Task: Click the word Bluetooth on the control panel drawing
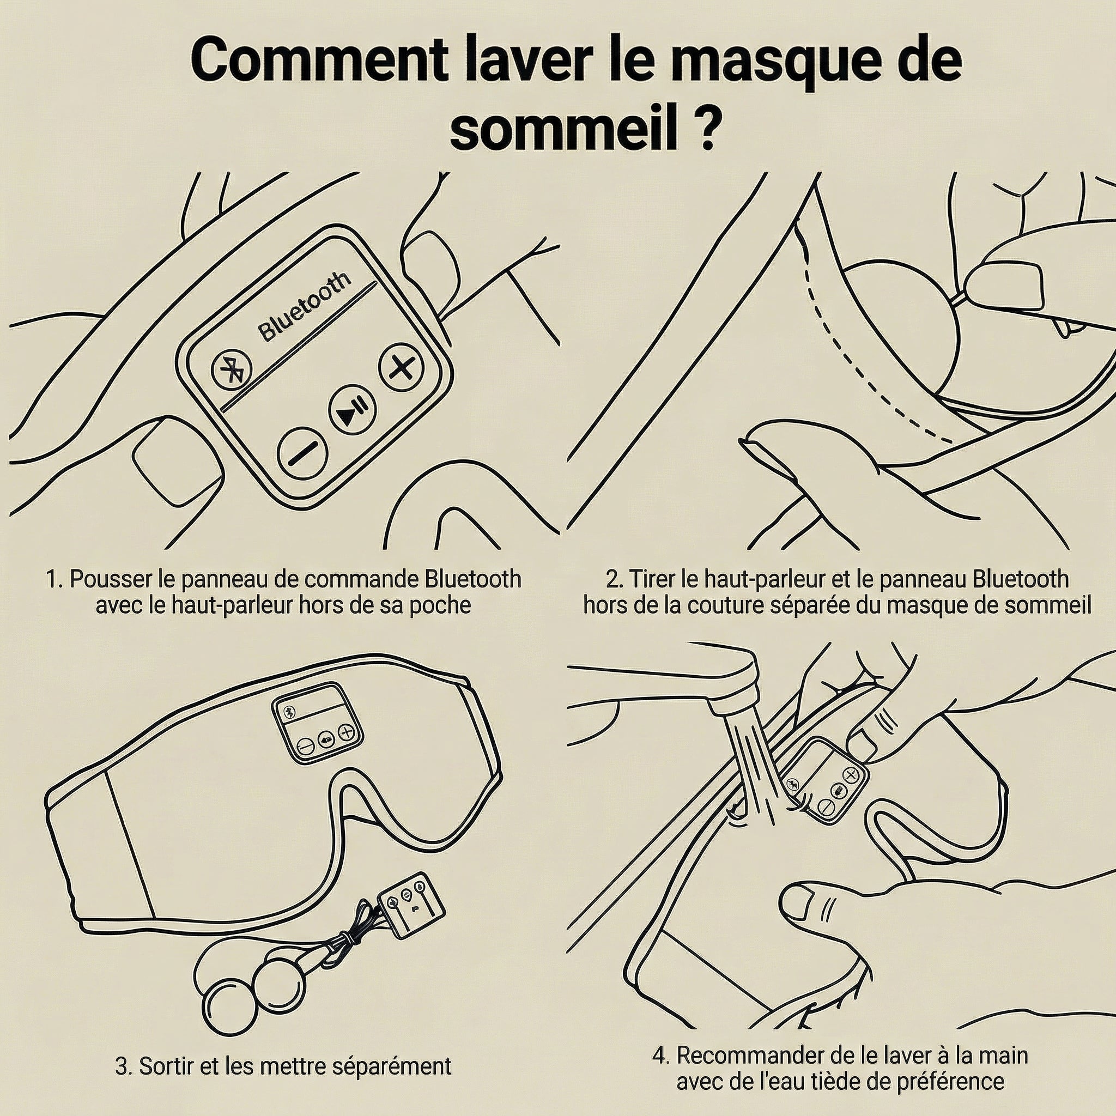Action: (305, 306)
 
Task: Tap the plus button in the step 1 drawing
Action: (402, 367)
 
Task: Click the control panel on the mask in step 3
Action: (317, 723)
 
